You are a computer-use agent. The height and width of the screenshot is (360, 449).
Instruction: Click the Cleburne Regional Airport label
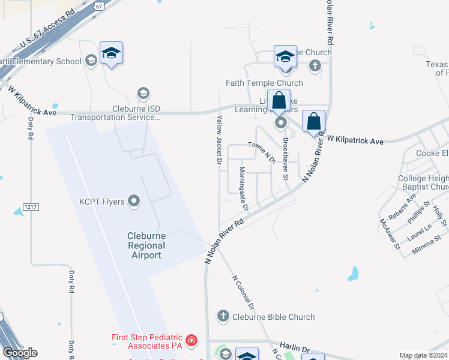[x=146, y=246]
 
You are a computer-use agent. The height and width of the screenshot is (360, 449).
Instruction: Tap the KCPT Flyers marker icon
[x=134, y=202]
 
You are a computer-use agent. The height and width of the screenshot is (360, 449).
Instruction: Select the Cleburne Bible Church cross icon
[x=223, y=316]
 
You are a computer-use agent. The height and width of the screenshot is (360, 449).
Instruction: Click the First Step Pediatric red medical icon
[x=191, y=341]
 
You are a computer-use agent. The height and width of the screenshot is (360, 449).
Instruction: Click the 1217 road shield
[x=31, y=207]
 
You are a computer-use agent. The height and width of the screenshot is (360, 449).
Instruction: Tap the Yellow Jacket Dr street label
[x=220, y=139]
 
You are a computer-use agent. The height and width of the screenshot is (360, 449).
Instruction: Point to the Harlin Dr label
[x=297, y=349]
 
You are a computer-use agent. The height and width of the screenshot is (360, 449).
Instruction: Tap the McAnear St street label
[x=389, y=233]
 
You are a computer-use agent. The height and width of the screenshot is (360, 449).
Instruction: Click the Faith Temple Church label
[x=264, y=83]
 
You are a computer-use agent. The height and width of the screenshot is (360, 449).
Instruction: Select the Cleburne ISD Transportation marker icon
[x=143, y=94]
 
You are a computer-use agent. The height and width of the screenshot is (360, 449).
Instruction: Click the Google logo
[x=20, y=353]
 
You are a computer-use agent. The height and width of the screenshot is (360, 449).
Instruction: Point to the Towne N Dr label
[x=262, y=152]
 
